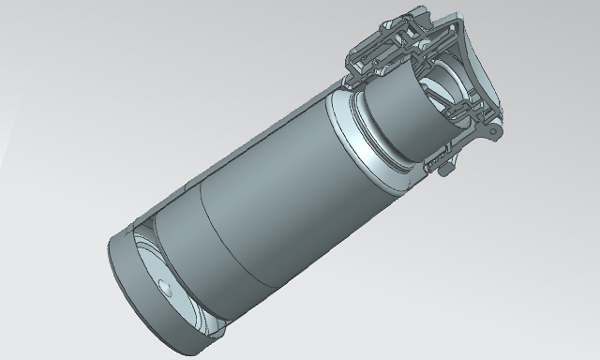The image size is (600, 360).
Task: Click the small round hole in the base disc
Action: click(165, 285)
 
